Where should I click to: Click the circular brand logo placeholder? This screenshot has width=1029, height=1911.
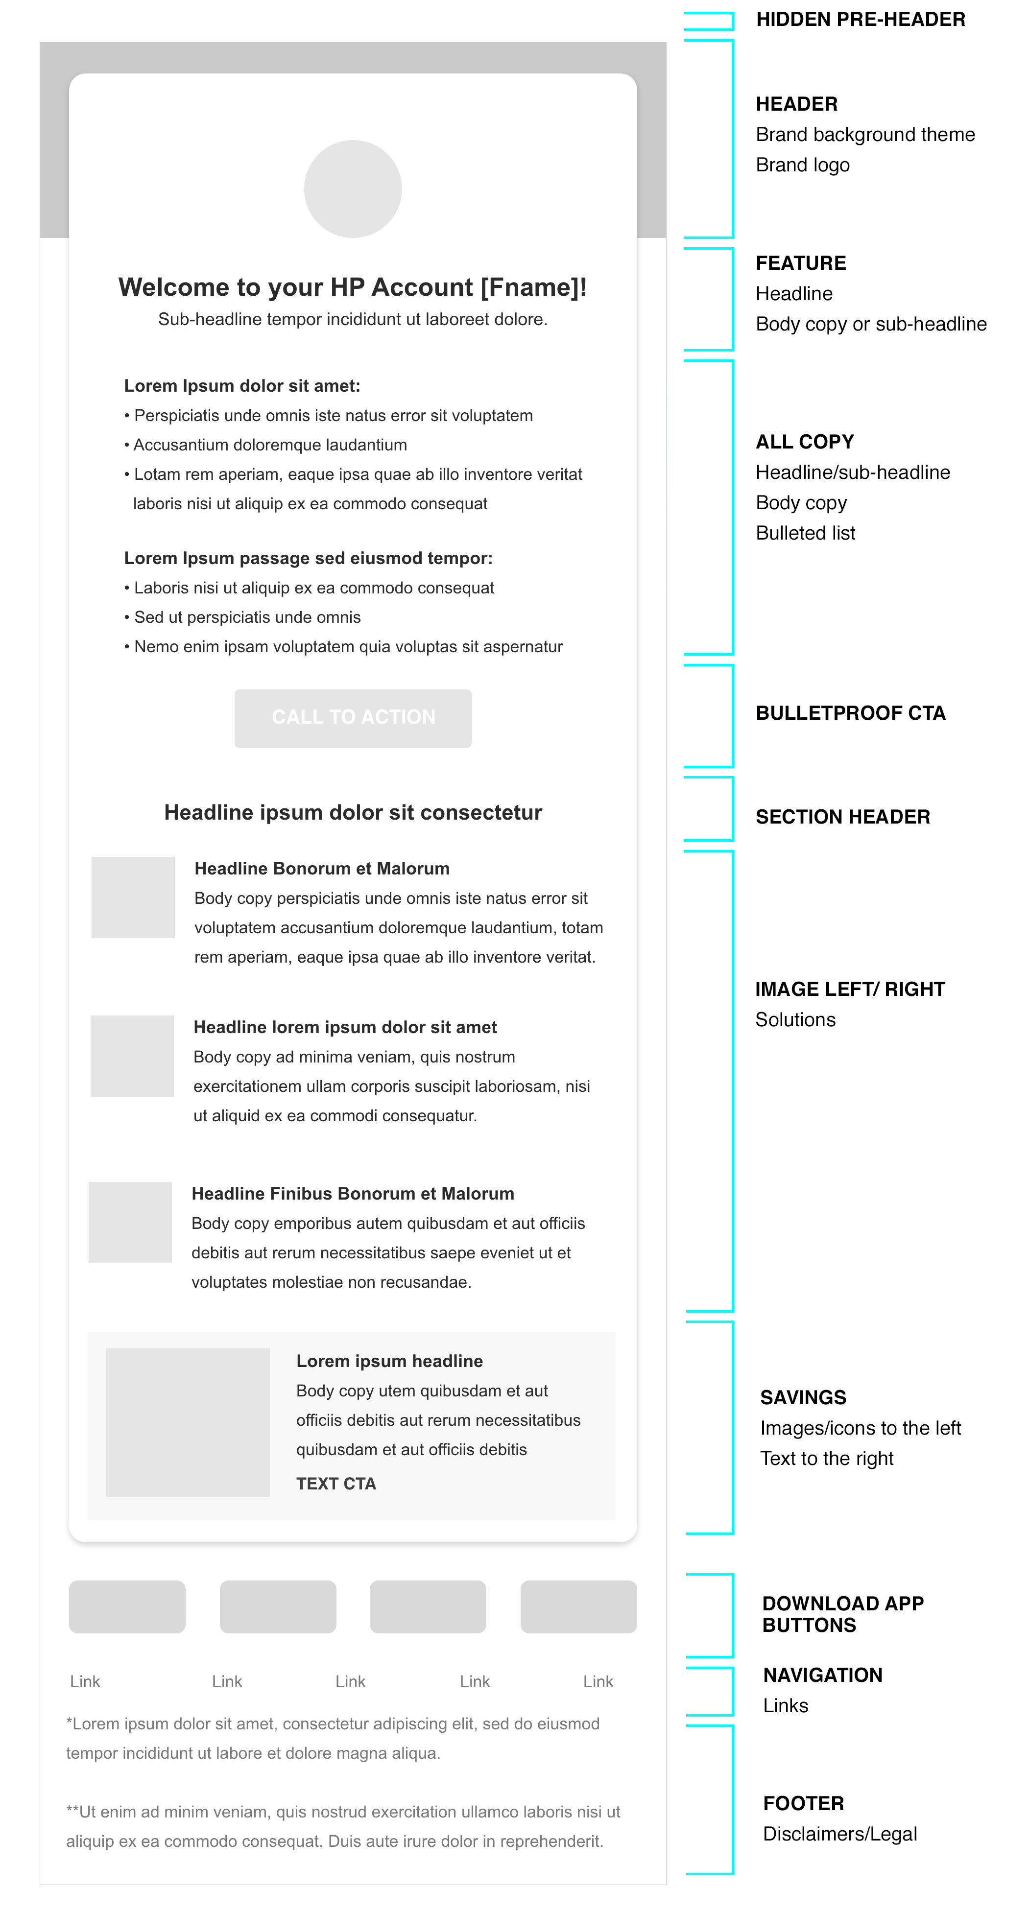point(353,189)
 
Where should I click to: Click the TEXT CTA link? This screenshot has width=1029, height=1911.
point(336,1483)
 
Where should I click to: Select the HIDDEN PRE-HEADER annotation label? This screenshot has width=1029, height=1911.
point(860,19)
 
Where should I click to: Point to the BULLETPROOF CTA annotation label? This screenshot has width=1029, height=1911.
point(850,713)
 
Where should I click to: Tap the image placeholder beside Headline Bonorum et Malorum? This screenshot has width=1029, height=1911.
point(133,897)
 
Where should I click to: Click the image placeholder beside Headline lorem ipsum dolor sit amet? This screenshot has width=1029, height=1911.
point(132,1056)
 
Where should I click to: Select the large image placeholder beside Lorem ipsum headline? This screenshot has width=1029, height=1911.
point(188,1422)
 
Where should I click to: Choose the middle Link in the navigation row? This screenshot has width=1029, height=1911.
point(350,1682)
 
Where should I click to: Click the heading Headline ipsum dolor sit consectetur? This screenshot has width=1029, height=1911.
point(353,812)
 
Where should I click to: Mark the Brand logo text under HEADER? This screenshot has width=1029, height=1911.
point(803,165)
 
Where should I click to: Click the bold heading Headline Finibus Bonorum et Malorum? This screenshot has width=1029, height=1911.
point(353,1194)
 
